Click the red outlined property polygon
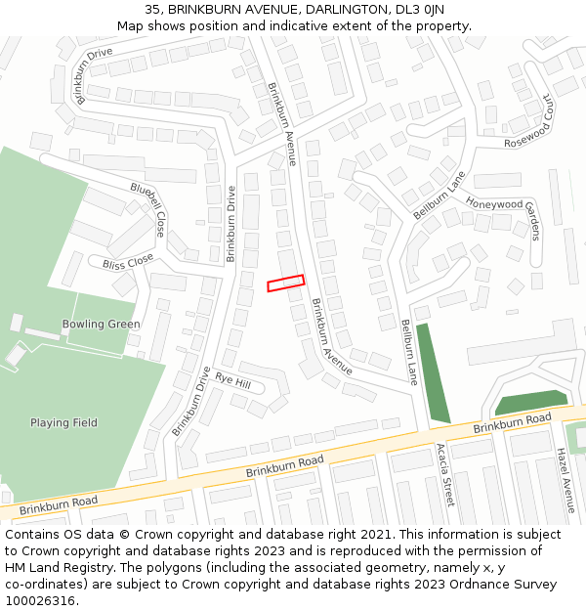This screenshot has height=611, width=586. click(286, 283)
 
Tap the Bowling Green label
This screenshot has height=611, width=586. click(102, 324)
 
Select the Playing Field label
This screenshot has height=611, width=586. click(63, 423)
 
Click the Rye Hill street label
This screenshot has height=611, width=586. click(233, 380)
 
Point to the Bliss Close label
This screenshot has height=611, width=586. click(128, 262)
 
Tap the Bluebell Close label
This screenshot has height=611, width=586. click(148, 209)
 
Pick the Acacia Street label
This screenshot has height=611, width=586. click(444, 474)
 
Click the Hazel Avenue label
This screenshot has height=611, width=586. click(565, 480)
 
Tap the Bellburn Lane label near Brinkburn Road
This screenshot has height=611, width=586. click(409, 352)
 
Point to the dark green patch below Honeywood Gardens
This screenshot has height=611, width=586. click(530, 402)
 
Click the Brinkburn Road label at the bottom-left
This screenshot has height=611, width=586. click(59, 505)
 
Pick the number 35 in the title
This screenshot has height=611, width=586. click(152, 10)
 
